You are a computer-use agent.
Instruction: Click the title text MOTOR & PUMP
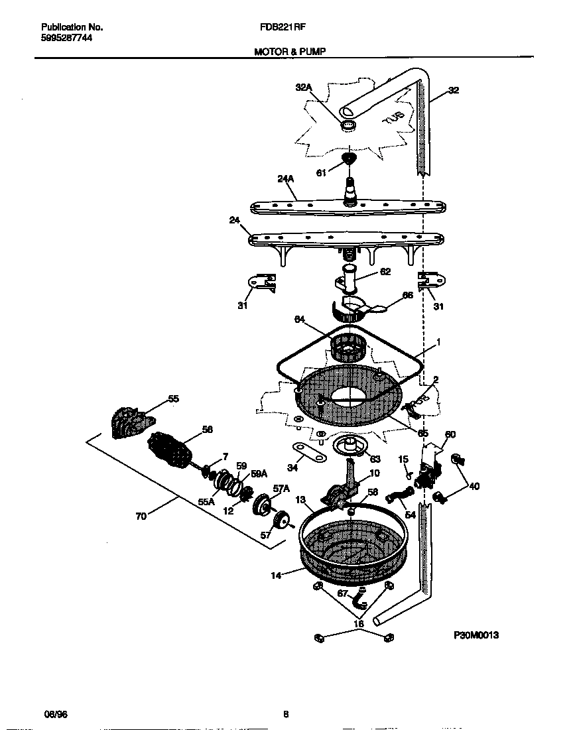pyautogui.click(x=290, y=50)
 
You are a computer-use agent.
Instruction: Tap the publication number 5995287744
pyautogui.click(x=66, y=38)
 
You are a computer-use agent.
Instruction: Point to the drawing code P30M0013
pyautogui.click(x=476, y=635)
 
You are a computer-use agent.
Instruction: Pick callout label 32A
pyautogui.click(x=303, y=87)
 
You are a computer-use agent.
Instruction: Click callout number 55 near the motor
pyautogui.click(x=172, y=399)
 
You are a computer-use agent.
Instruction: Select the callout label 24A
pyautogui.click(x=285, y=178)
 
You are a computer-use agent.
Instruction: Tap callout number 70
pyautogui.click(x=141, y=517)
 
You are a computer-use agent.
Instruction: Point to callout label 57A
pyautogui.click(x=281, y=489)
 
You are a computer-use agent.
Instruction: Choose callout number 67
pyautogui.click(x=343, y=594)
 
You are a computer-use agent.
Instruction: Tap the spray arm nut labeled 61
pyautogui.click(x=349, y=159)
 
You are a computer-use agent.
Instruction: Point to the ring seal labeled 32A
pyautogui.click(x=348, y=125)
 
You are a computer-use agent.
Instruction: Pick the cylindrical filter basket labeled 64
pyautogui.click(x=348, y=347)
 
